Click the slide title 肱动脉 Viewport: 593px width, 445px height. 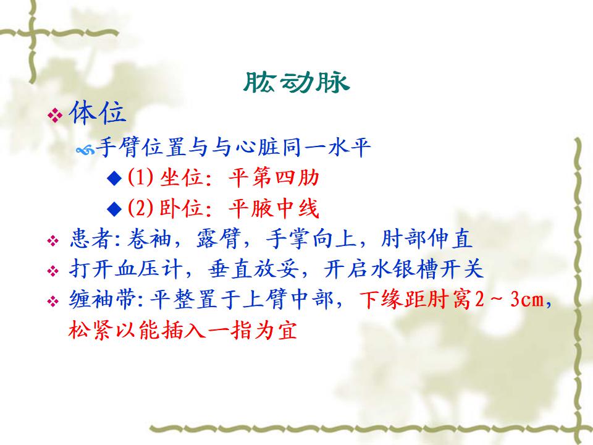(296, 82)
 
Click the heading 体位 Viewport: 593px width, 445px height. (97, 112)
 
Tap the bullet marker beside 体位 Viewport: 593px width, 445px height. (55, 115)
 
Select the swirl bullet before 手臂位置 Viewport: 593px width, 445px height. (85, 151)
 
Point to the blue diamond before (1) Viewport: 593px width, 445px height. (114, 178)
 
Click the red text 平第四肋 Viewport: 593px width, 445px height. (274, 177)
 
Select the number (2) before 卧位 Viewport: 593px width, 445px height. (140, 208)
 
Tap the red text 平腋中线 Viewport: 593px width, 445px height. (274, 208)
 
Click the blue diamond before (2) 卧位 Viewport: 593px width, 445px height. (114, 208)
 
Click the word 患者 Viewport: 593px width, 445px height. (91, 239)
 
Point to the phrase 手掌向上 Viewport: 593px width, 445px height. (311, 239)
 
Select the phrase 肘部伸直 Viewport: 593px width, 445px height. (426, 239)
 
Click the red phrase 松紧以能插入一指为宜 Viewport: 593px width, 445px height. (182, 329)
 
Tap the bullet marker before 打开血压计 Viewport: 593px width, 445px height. (53, 271)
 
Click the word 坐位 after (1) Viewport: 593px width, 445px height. (182, 177)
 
